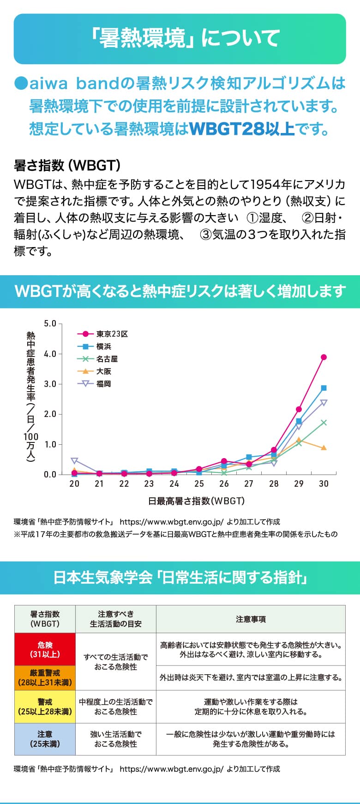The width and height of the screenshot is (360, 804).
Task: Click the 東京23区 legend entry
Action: coord(112,334)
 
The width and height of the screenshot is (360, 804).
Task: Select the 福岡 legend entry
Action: coord(103,384)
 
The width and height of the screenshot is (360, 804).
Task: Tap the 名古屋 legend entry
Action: coord(107,359)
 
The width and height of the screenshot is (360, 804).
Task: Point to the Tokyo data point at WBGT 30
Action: coord(324,357)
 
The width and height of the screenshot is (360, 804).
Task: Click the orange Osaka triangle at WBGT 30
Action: coord(324,448)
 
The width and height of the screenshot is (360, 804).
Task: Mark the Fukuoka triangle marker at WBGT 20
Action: coord(74,461)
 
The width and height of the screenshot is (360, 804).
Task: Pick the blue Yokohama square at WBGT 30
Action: coord(324,388)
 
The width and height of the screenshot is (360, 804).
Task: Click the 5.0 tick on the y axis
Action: coord(50,324)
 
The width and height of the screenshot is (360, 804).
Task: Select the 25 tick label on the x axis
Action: coord(199,484)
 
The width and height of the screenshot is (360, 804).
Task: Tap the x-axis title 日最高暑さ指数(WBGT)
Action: coord(196,501)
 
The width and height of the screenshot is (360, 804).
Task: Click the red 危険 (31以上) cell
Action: coord(45,649)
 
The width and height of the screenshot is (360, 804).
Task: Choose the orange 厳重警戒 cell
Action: coord(45,678)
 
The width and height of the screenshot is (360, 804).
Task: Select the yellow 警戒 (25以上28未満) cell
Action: coord(45,707)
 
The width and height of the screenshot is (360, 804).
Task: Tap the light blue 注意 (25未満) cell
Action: coord(45,739)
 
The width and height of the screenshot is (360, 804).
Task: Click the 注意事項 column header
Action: coord(251,619)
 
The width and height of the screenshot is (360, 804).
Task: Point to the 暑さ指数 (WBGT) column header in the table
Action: coord(45,619)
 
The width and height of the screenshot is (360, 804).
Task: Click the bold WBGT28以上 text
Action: coord(242,128)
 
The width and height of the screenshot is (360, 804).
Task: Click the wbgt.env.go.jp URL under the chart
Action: coord(171,522)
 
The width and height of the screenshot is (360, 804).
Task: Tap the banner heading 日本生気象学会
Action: coord(102,578)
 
